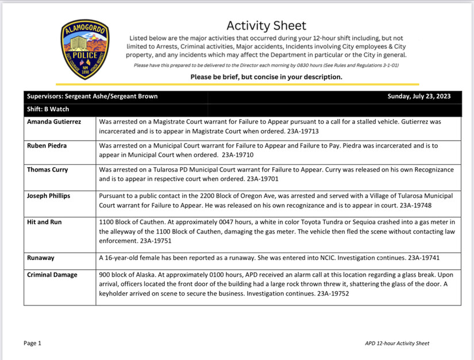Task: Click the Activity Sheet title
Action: click(x=266, y=25)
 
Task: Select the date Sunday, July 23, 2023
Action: click(x=418, y=96)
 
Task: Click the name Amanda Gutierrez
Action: click(x=54, y=122)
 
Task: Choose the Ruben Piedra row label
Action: click(x=47, y=146)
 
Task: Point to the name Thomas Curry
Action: click(x=47, y=170)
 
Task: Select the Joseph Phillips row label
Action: click(x=48, y=196)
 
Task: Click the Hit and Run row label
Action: click(x=44, y=222)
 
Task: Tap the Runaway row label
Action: click(x=41, y=258)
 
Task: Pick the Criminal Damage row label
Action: click(x=52, y=275)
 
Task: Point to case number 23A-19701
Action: click(x=265, y=179)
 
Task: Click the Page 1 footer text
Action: click(x=33, y=343)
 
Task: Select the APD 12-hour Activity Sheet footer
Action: click(x=396, y=343)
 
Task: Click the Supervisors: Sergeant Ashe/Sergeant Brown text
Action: click(x=92, y=96)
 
